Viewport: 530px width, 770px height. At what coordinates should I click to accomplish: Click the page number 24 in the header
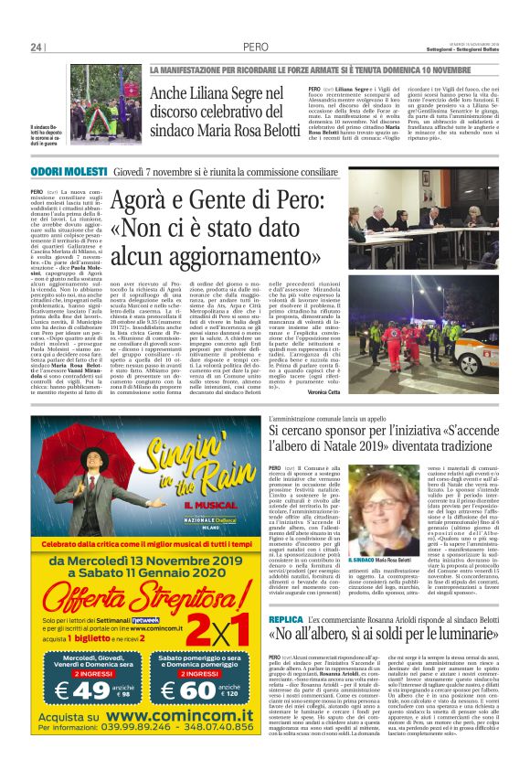37,47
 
